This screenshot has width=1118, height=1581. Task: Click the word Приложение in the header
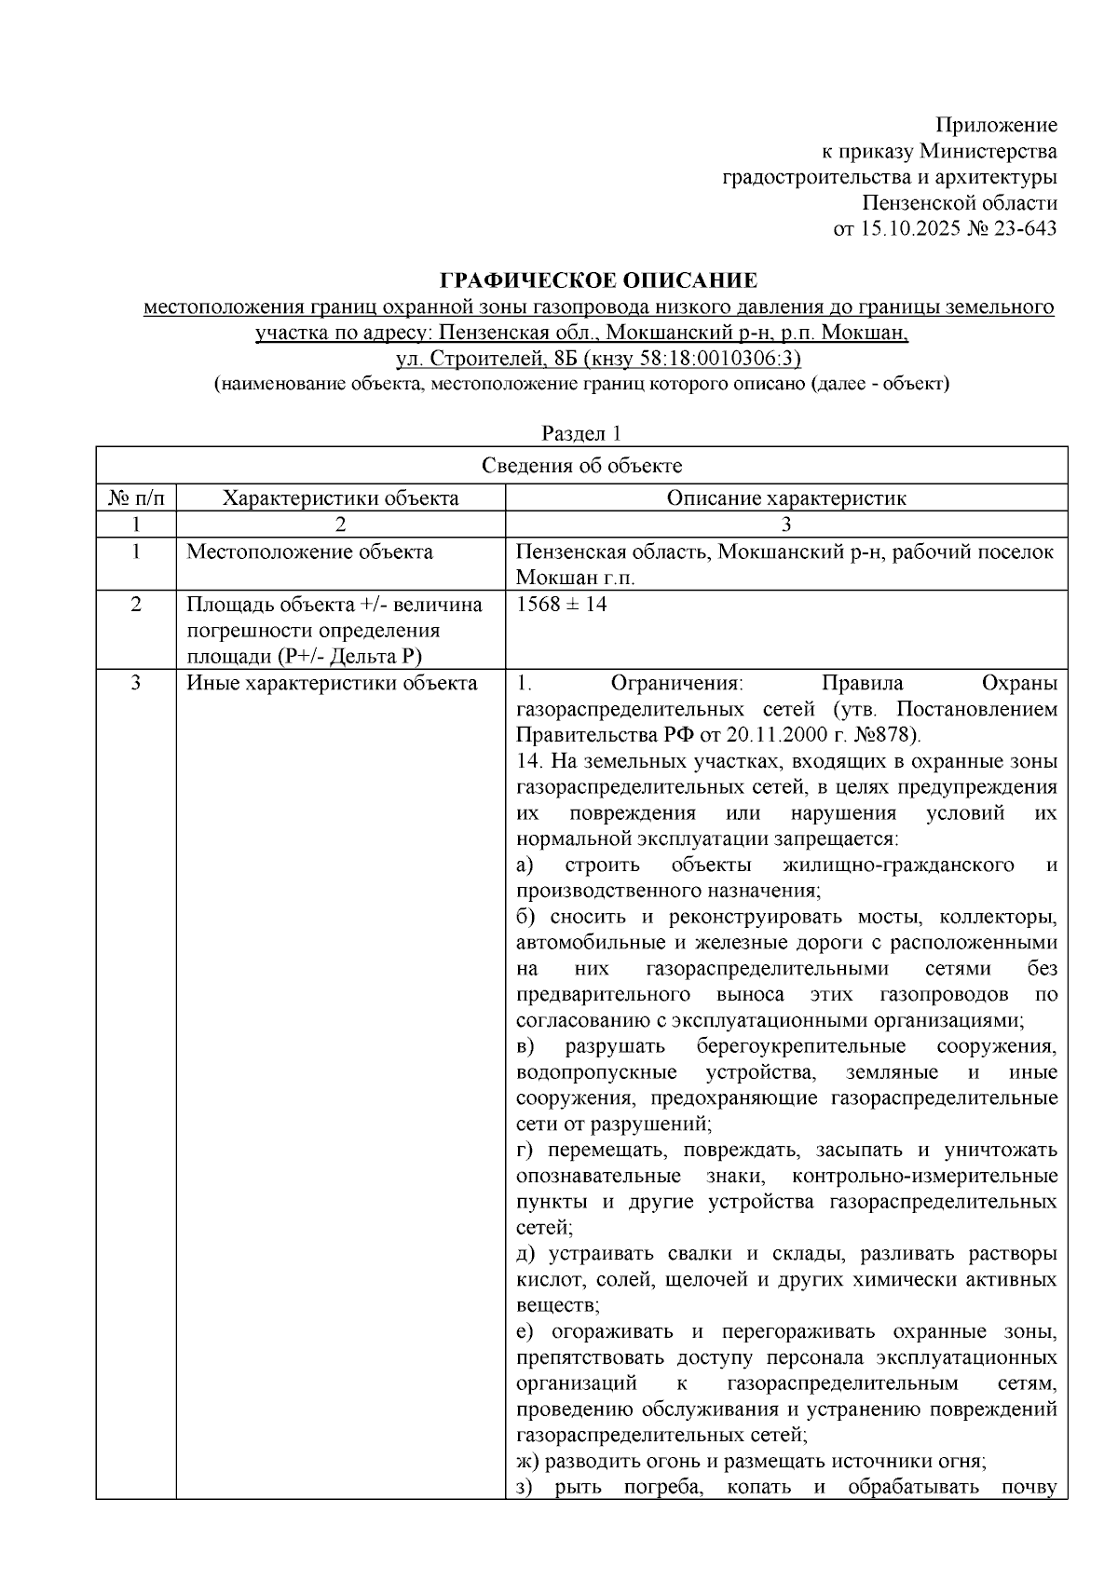point(996,126)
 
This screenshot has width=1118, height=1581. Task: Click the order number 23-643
point(1026,228)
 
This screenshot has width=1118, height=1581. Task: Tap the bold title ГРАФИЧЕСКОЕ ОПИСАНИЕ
point(598,280)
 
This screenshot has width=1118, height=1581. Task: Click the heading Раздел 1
point(581,433)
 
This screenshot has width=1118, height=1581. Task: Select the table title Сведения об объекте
point(581,466)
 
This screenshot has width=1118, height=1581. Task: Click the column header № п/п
point(136,497)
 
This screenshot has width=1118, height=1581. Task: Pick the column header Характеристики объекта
point(340,497)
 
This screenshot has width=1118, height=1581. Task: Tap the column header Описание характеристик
point(785,497)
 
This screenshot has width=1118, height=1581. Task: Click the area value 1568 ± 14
point(561,604)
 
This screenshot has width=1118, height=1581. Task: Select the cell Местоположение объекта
point(309,552)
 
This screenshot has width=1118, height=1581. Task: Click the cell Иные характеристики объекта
point(332,683)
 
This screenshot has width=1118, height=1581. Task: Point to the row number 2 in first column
point(136,604)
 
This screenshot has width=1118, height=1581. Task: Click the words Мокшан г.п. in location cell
point(575,578)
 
